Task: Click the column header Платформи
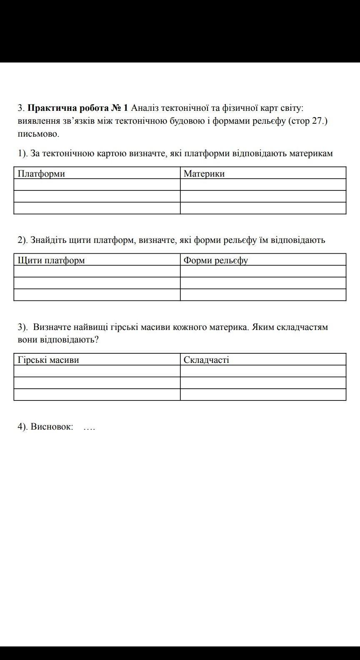click(x=42, y=174)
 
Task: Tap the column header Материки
click(x=204, y=174)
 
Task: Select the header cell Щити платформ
click(x=51, y=260)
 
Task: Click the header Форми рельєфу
click(x=216, y=260)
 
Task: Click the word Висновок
click(x=52, y=427)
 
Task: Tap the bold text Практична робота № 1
click(x=77, y=108)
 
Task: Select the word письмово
click(x=38, y=134)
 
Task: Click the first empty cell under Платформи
click(x=97, y=185)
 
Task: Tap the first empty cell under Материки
click(x=263, y=185)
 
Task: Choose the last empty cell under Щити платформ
click(x=97, y=295)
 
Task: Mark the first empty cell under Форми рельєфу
click(x=263, y=271)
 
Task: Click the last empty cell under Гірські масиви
click(x=97, y=395)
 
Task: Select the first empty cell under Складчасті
click(x=263, y=371)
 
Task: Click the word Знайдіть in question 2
click(x=48, y=240)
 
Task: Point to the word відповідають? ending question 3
click(x=70, y=340)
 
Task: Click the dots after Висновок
click(x=89, y=427)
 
